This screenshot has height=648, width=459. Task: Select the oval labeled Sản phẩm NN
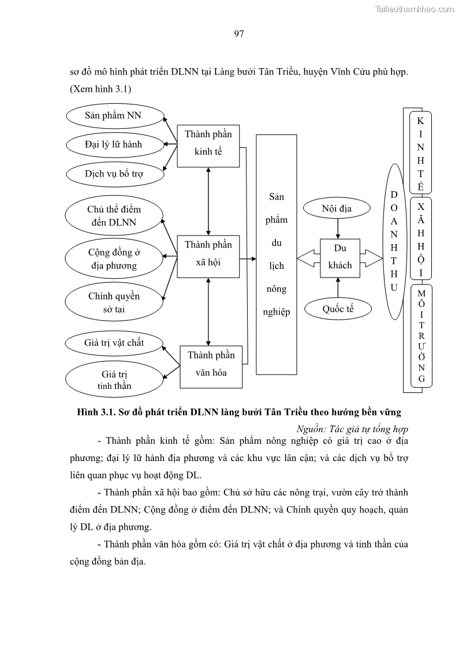(113, 115)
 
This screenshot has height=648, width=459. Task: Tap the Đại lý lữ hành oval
(113, 144)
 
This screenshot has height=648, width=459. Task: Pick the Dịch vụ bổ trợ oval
(114, 173)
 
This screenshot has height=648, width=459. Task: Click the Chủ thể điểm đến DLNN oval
(114, 216)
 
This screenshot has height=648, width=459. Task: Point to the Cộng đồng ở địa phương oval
(113, 259)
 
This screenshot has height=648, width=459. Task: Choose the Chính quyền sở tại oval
(114, 302)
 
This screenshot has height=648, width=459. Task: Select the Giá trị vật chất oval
(114, 343)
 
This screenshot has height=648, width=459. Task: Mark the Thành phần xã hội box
(208, 257)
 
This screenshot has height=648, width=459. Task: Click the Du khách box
(340, 257)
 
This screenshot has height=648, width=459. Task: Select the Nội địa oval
(337, 208)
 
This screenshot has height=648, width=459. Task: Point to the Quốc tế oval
(338, 309)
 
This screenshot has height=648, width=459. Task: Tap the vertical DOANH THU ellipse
(394, 242)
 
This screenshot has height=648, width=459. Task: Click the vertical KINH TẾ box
(420, 153)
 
